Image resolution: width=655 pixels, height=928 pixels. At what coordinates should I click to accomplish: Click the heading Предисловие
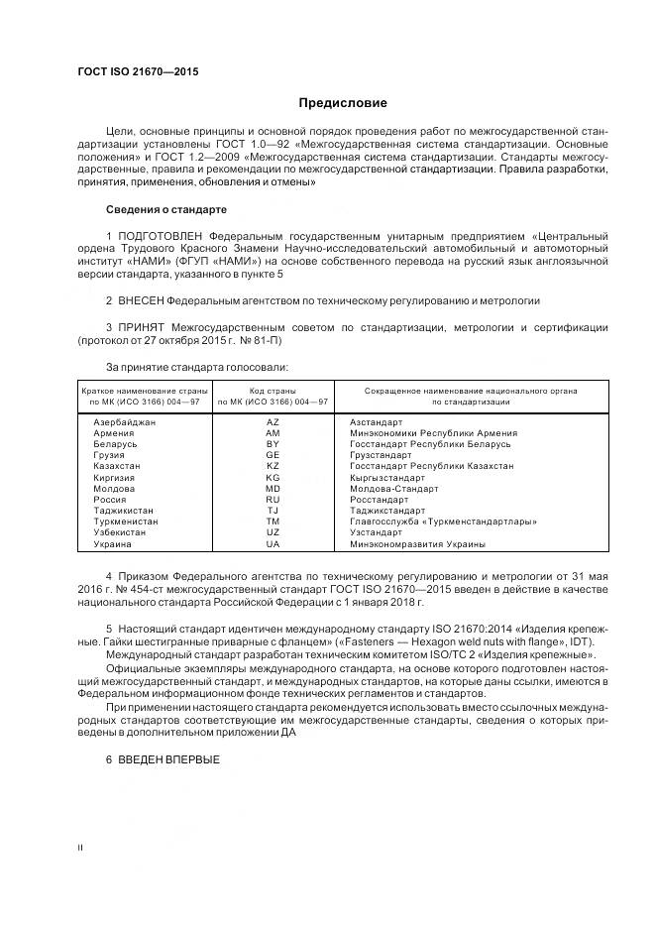(344, 103)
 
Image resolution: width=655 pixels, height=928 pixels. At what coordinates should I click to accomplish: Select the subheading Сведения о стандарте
(166, 210)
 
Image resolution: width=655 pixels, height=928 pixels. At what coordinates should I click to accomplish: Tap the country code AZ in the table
(273, 422)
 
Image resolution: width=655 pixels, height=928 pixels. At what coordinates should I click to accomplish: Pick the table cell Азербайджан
(125, 422)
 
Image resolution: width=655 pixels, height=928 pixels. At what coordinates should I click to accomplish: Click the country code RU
(273, 500)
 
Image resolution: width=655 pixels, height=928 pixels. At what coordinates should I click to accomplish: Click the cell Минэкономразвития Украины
(417, 544)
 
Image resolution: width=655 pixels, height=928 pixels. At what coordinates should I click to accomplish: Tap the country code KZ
(273, 466)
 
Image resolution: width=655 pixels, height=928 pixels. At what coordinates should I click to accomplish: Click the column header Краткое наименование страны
(145, 392)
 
